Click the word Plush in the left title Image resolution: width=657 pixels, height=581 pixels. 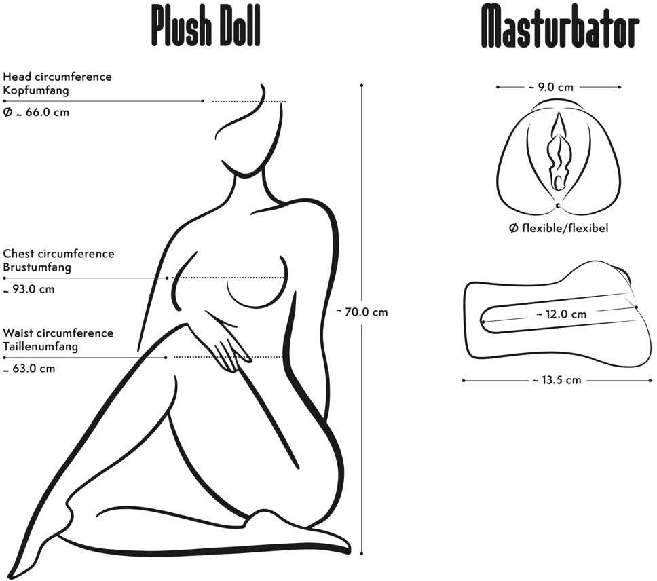pos(181,26)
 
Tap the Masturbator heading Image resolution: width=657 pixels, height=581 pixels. pos(560,26)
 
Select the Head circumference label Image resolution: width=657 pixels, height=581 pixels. pos(58,77)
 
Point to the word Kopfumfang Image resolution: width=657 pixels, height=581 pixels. pos(36,90)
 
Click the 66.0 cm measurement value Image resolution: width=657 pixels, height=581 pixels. pos(48,112)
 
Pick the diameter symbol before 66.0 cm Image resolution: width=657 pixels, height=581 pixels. pos(7,112)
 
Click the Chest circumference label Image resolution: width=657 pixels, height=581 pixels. pos(58,253)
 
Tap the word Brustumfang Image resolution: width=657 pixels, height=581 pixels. pos(37,267)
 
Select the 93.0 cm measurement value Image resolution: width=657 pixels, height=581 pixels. pos(33,289)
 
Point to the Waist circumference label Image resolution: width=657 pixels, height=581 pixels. pos(58,333)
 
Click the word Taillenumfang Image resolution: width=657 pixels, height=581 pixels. pos(40,347)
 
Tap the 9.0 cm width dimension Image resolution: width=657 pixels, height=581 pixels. pos(555,87)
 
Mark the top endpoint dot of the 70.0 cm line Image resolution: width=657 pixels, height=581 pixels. pos(362,86)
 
